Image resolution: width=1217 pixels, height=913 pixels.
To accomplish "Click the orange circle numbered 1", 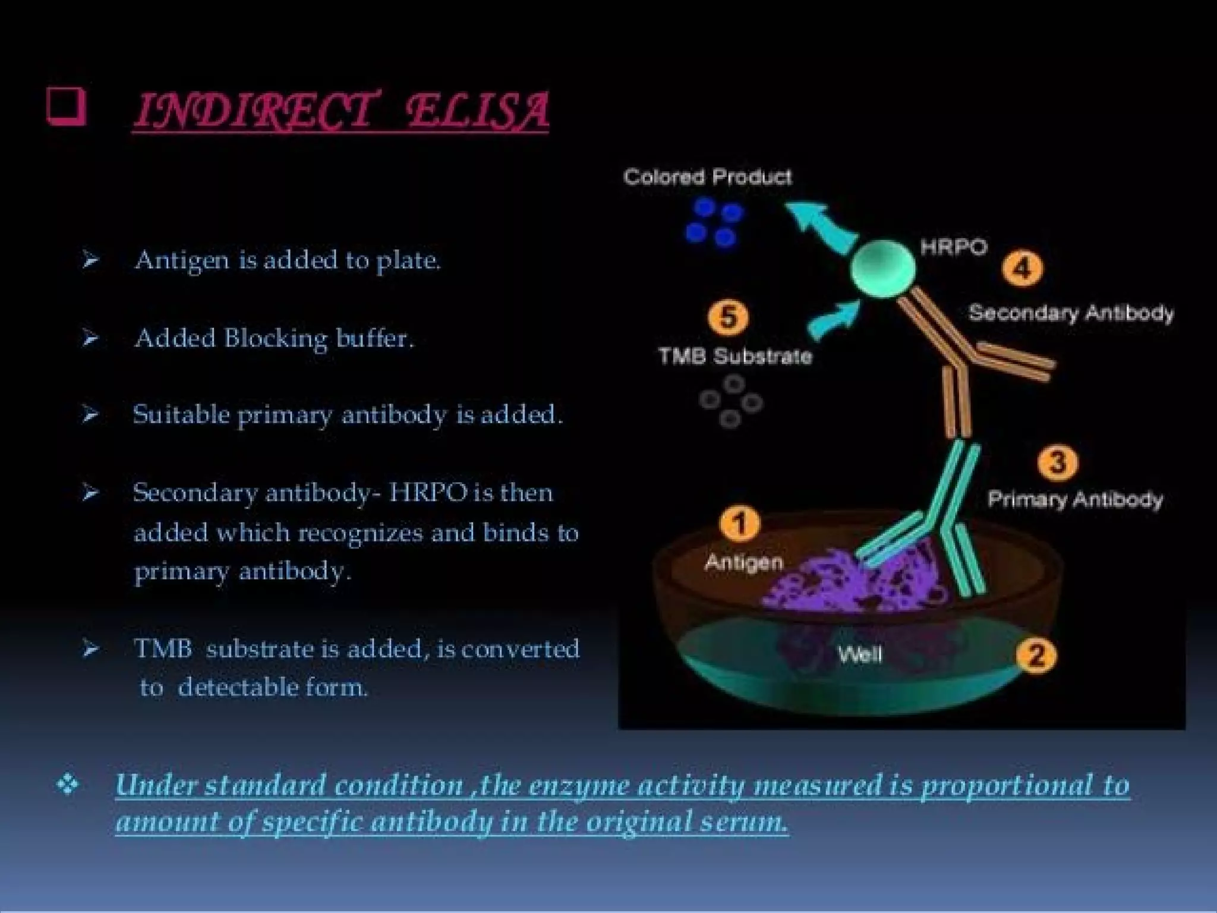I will click(x=739, y=524).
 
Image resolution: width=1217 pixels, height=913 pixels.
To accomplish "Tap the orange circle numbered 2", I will click(x=1035, y=656).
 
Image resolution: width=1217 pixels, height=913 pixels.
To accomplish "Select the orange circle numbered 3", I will click(x=1057, y=462).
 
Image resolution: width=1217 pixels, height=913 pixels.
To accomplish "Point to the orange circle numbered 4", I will click(x=1022, y=269).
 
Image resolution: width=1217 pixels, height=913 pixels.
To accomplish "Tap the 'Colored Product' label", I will click(x=707, y=177).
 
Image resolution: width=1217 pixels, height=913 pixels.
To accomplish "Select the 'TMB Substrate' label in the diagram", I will click(x=735, y=356).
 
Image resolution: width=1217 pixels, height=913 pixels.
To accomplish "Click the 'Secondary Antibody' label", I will click(x=1071, y=313).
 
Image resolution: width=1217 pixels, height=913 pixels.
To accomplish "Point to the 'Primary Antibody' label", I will click(x=1074, y=499).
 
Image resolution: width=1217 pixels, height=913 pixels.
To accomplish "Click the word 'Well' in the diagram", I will click(x=859, y=655).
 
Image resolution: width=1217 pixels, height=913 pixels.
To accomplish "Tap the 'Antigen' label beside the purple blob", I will click(x=743, y=562).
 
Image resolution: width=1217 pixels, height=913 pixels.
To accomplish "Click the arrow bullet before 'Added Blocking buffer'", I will click(x=90, y=338).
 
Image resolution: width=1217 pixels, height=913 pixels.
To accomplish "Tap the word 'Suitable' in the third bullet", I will click(x=181, y=414).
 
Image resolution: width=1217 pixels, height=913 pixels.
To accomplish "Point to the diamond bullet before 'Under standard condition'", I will click(x=67, y=785).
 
